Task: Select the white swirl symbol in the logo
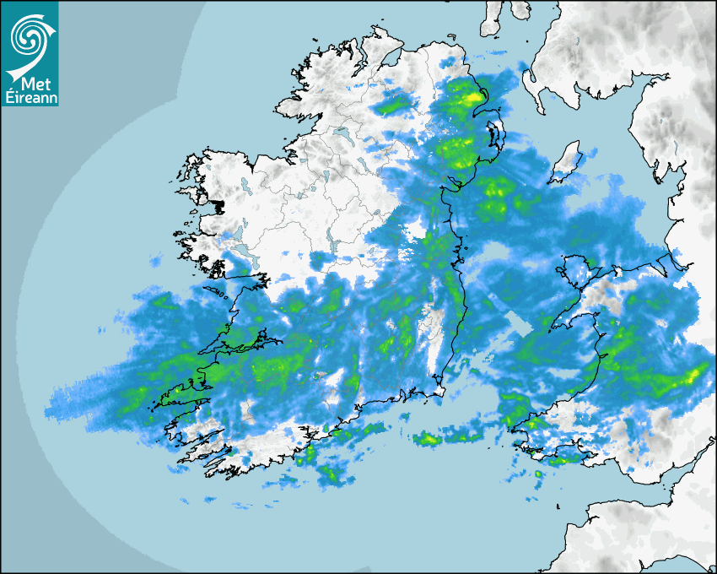pos(30,37)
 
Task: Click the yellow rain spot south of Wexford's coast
pos(428,438)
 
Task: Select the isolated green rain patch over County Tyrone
pos(391,106)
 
